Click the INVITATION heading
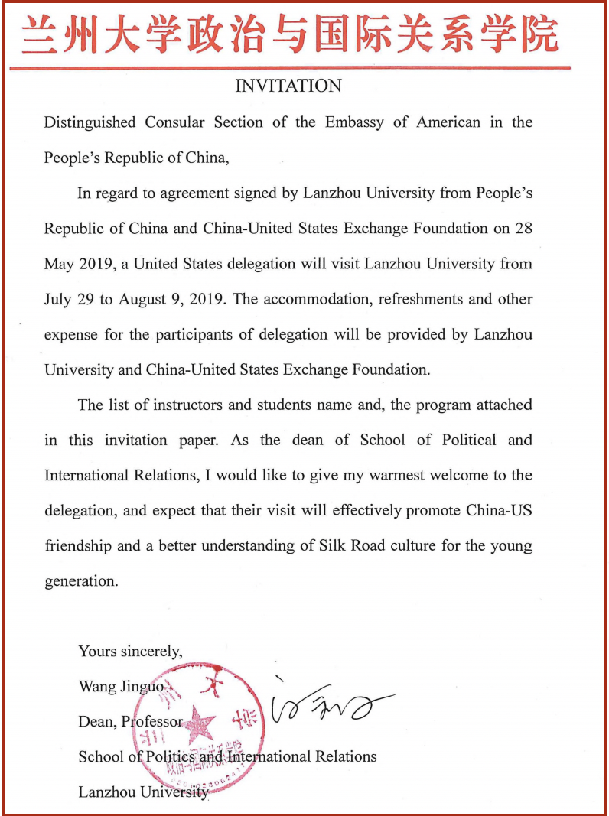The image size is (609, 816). [x=288, y=86]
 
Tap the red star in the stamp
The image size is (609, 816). [x=197, y=722]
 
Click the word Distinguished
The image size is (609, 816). [x=90, y=122]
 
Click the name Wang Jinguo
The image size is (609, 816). [x=121, y=686]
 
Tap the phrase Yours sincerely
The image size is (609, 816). [x=130, y=652]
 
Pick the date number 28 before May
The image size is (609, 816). [x=523, y=228]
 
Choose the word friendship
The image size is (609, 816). [x=78, y=546]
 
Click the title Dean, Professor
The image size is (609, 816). [x=130, y=721]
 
